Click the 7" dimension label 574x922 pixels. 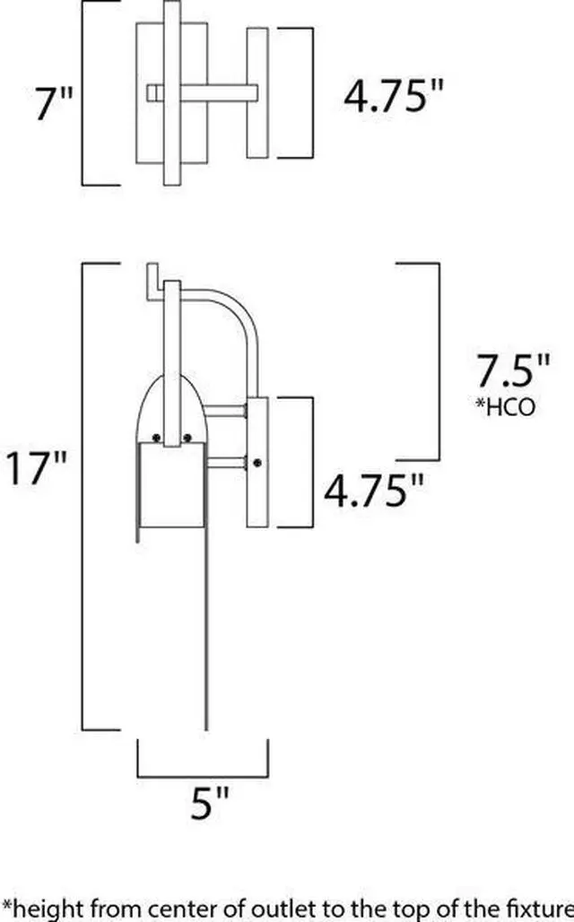point(54,103)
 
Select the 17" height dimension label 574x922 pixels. point(37,468)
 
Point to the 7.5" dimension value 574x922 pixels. point(512,370)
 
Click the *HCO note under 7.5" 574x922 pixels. point(506,406)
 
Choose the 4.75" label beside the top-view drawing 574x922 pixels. point(393,96)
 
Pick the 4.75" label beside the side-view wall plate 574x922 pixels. point(373,491)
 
